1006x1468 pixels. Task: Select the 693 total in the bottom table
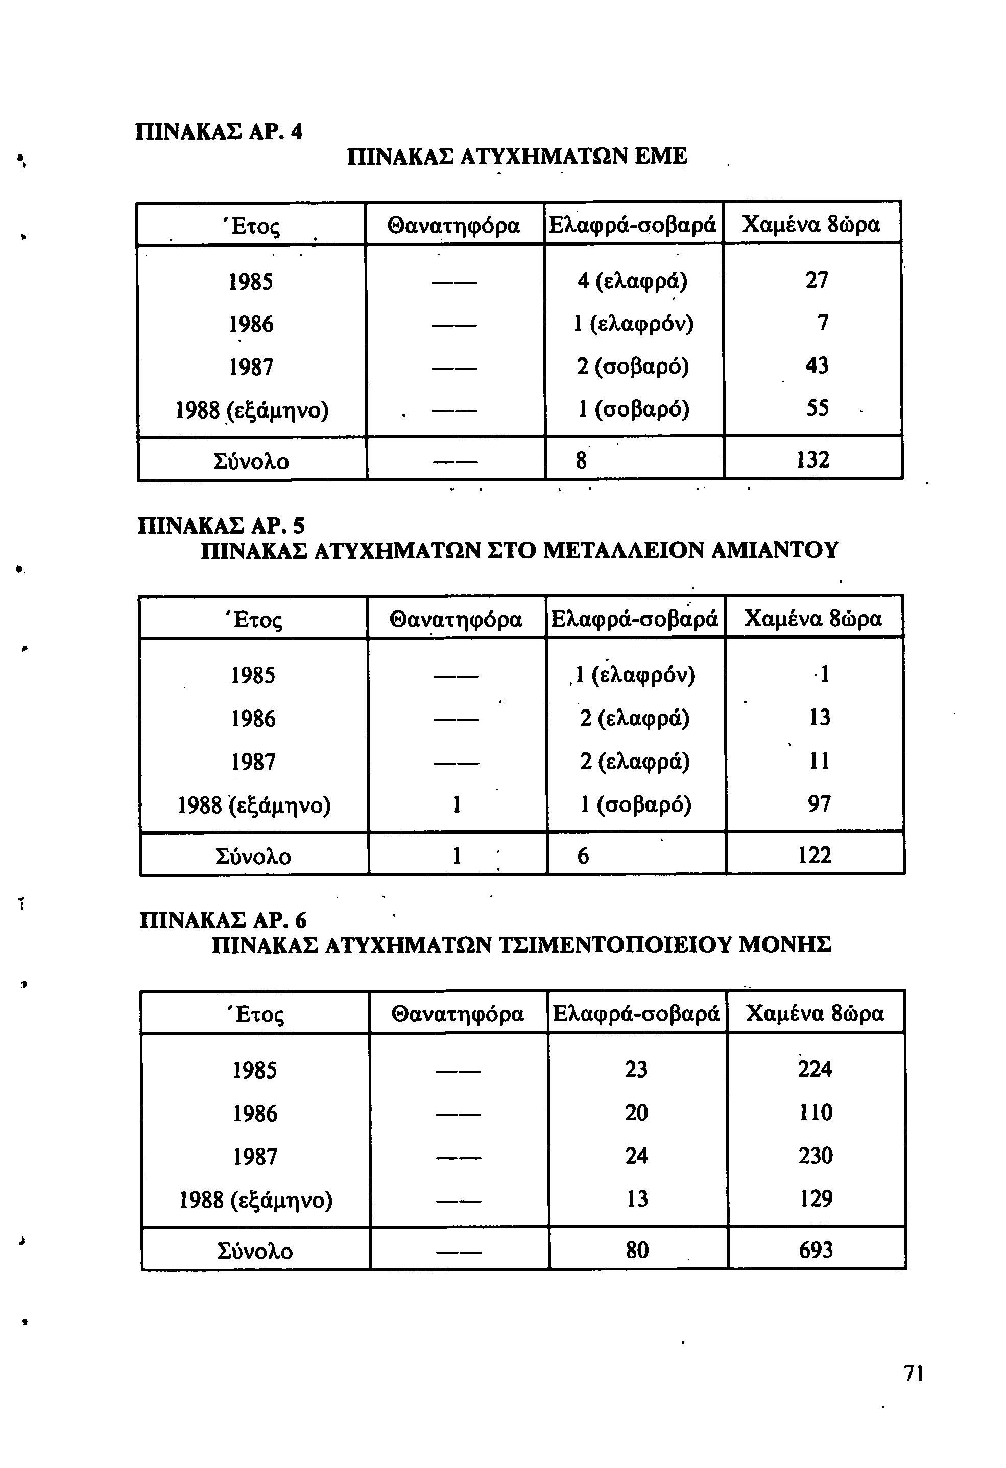point(816,1250)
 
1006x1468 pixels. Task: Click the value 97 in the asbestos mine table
point(819,803)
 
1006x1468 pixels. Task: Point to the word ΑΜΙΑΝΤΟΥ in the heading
point(775,550)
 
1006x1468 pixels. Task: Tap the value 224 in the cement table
point(815,1069)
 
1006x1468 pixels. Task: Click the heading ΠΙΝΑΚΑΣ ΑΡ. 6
point(223,919)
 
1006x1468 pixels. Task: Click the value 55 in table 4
point(817,409)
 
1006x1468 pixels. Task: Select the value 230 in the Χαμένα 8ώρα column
point(815,1155)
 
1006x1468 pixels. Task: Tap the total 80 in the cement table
point(637,1250)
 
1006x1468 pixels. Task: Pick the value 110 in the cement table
point(815,1112)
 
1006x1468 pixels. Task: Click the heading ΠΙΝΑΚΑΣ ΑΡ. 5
point(221,526)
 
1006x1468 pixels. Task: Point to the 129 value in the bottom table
point(816,1198)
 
